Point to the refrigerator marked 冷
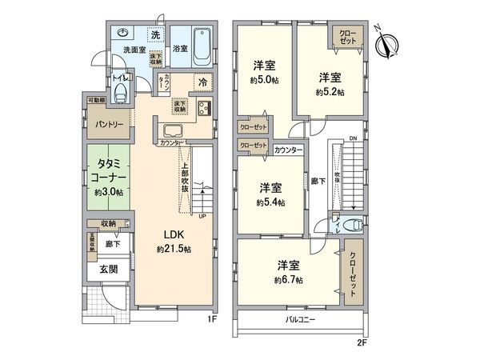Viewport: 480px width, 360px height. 203,82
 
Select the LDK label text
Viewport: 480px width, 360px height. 175,234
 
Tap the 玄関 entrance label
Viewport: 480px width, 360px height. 109,269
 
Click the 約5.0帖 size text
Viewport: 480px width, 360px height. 265,80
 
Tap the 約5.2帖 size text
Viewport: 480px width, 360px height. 330,92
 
